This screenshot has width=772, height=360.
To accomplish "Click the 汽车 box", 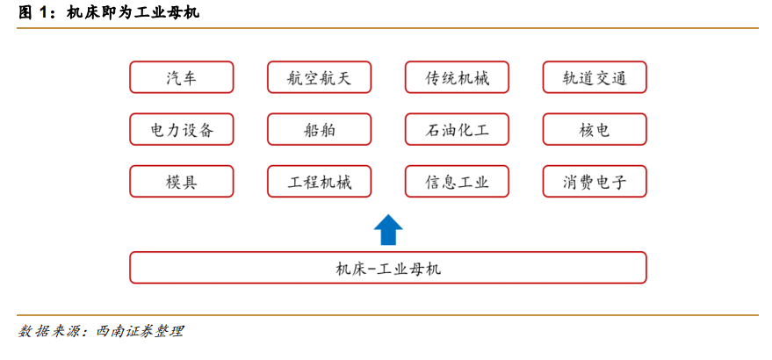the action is coord(181,77).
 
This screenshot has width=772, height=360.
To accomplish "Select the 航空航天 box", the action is coord(319,77).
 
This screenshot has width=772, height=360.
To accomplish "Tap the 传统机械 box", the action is coord(457,77).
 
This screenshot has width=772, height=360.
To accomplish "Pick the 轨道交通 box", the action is coord(595,77).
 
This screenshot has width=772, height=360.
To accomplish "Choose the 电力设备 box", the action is coord(181,130).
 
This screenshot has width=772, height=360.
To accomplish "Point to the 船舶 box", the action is coord(319,130).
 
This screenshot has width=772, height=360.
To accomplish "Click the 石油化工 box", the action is coord(457,130).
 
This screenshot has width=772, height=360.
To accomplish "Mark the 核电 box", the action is coord(595,130).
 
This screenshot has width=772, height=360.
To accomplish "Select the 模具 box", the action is coord(181,182).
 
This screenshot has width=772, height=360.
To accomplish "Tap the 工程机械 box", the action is coord(319,182).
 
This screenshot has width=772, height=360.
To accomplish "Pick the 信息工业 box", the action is coord(457,182).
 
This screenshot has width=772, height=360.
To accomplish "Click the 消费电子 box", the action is coord(595,182).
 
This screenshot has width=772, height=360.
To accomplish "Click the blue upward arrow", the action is coord(388,229).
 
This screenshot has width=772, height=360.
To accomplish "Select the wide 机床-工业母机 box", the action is coord(388,268).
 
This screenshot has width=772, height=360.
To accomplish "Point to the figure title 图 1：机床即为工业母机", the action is coord(108,13).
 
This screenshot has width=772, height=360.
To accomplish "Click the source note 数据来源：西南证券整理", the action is coord(100,331).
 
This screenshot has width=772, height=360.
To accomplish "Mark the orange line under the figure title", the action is coord(387,28).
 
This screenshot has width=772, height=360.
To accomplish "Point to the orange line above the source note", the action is coord(387,315).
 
